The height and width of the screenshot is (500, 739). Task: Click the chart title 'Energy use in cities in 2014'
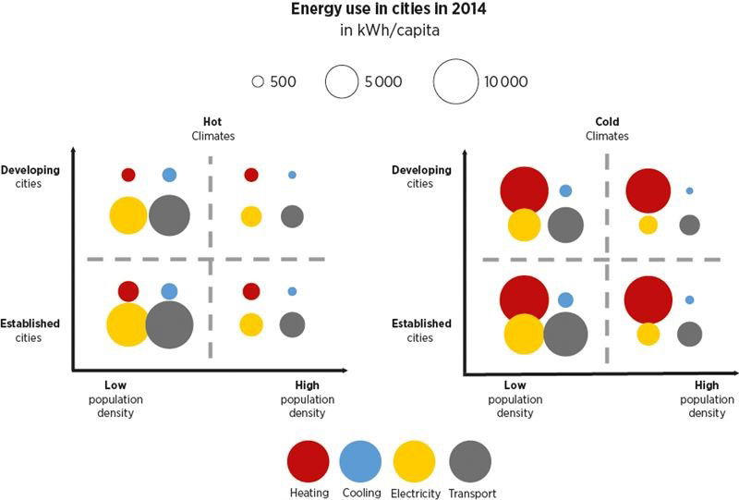369,10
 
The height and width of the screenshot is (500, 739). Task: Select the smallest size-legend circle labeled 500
259,82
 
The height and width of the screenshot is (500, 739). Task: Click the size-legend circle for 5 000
341,82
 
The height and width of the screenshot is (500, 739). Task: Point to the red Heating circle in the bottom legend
309,461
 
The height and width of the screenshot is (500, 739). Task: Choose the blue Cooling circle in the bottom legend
360,461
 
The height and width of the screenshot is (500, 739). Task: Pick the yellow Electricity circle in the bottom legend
415,461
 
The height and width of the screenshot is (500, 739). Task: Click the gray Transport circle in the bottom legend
469,461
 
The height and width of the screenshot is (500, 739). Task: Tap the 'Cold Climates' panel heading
607,128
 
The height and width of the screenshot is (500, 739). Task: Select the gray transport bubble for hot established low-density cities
169,324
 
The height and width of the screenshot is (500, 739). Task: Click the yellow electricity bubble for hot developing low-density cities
128,215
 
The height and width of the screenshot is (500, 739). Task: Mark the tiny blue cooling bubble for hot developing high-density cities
292,175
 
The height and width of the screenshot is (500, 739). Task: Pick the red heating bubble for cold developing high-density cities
648,191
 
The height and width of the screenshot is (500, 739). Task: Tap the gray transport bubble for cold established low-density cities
565,334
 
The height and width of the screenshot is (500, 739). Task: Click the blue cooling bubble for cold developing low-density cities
565,191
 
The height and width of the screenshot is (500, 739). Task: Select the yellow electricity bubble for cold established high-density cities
648,334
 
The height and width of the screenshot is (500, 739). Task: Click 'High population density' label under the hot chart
307,397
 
